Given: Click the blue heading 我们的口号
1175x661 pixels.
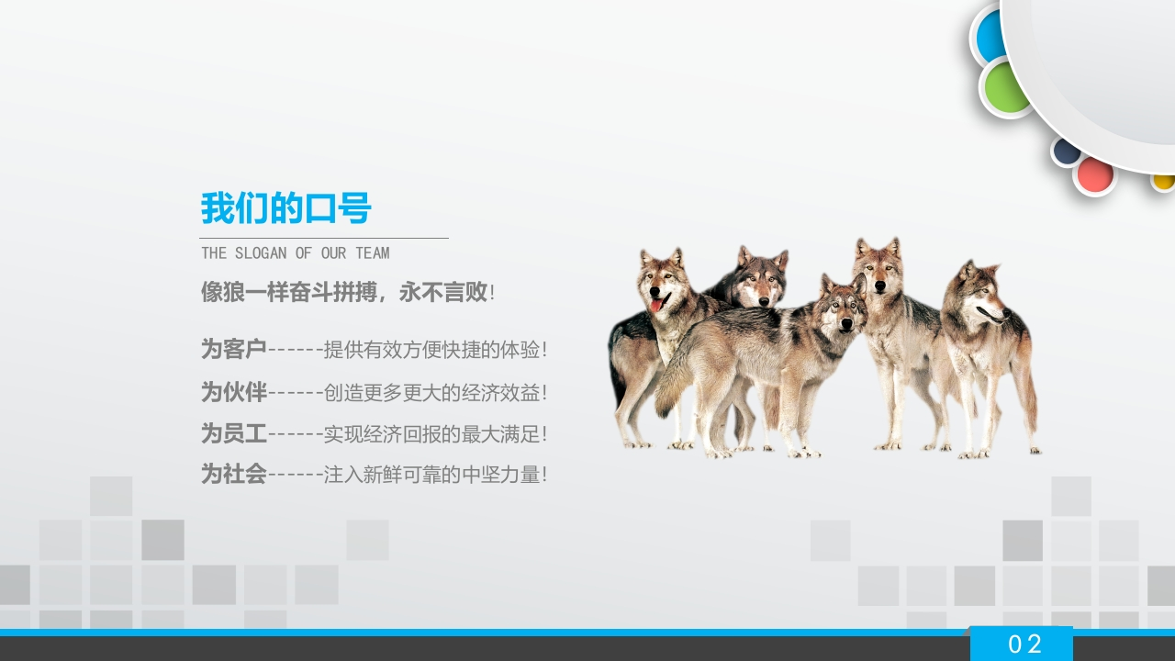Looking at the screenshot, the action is coord(285,208).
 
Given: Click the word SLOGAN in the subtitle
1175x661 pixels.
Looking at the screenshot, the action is coord(261,253).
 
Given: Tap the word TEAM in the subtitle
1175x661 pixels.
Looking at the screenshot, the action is coord(373,253).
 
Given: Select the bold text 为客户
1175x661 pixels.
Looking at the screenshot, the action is coord(234,349).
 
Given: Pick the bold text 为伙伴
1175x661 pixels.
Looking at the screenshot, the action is coord(234,392).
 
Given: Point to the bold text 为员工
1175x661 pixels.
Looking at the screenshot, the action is coord(234,433).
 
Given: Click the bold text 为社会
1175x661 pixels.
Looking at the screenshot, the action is coord(234,475).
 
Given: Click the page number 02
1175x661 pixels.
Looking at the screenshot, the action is coord(1025,644).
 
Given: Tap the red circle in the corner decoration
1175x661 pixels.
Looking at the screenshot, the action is coord(1095,175).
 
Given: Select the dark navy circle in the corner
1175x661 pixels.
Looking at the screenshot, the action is coord(1066,151).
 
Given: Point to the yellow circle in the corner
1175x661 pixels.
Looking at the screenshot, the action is coord(1163,182).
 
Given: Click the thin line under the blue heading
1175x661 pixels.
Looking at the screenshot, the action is coord(324,238).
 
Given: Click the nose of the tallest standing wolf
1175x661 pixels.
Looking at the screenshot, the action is coord(879,286).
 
